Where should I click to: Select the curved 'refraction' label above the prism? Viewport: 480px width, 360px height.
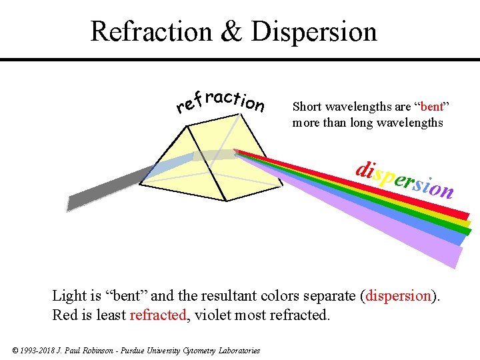tap(220, 101)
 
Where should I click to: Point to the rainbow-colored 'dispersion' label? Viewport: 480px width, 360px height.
tap(405, 179)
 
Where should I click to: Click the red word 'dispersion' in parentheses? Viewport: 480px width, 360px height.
tap(399, 295)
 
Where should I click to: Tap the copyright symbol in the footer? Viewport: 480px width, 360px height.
tap(15, 351)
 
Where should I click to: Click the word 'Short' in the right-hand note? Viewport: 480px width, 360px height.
tap(306, 107)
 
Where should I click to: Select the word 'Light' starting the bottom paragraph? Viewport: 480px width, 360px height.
tap(69, 295)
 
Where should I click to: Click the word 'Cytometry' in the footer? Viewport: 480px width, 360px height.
tap(201, 351)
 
